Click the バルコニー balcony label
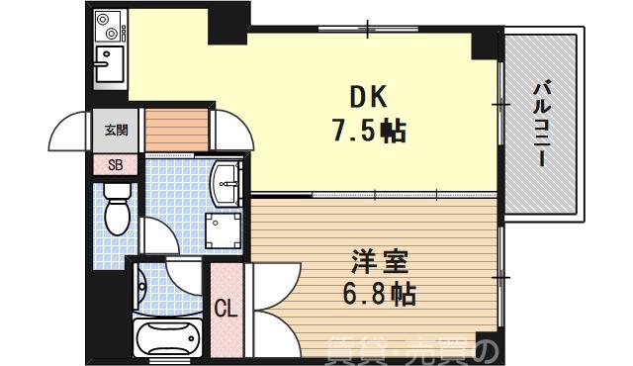[x=542, y=125]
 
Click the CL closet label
[x=226, y=309]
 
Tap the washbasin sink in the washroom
[x=227, y=179]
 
